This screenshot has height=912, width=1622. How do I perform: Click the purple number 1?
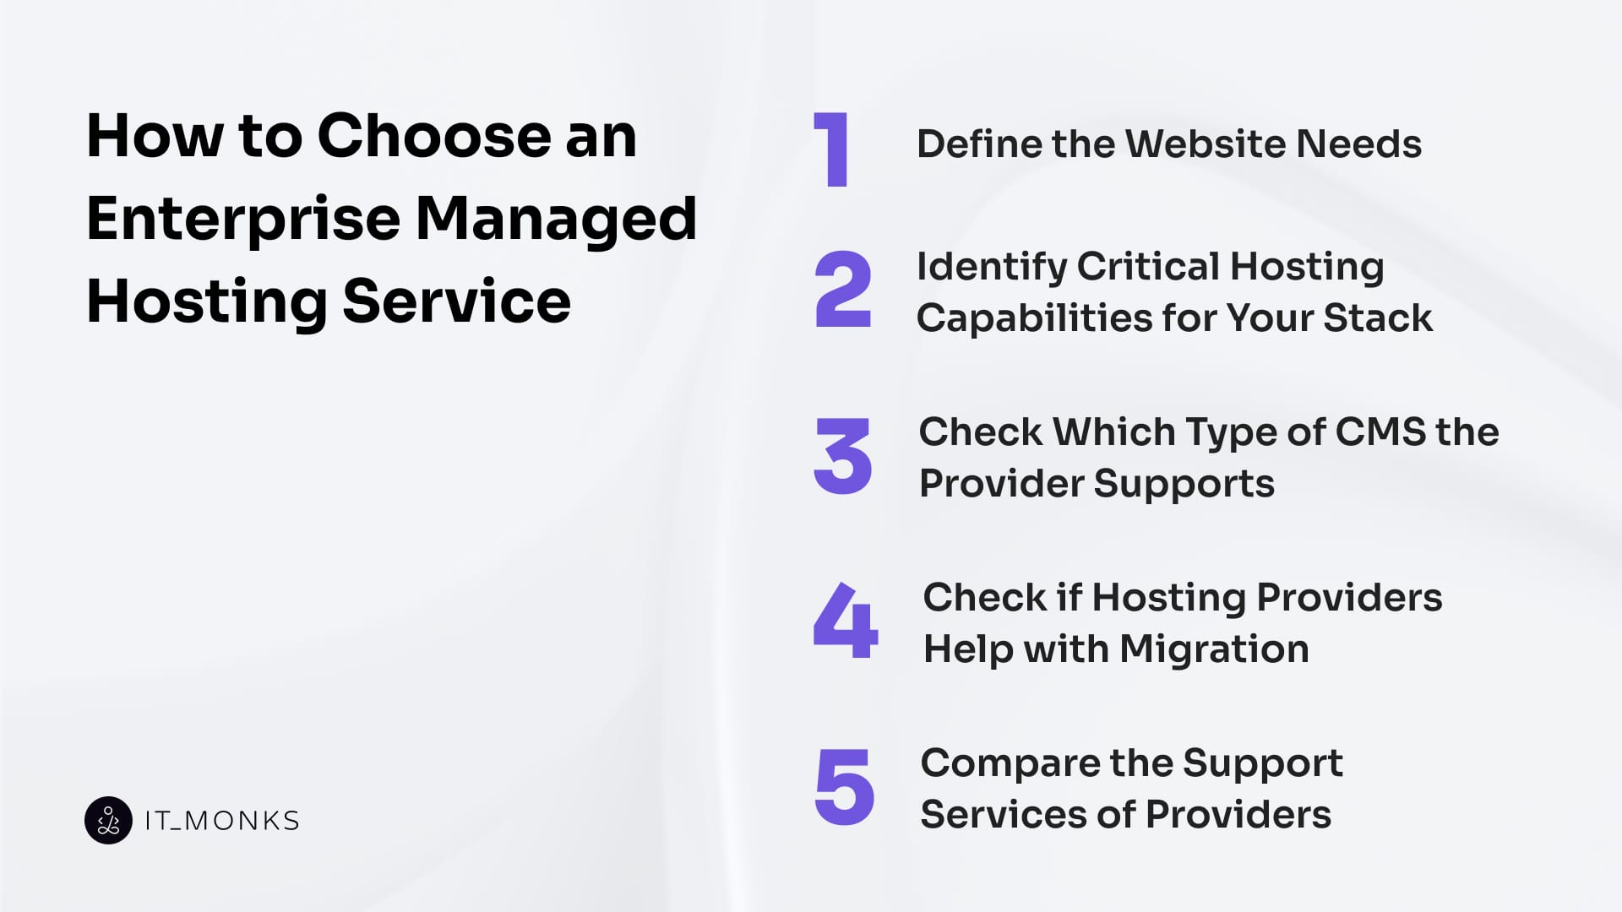[833, 149]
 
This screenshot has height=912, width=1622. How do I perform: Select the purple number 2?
[842, 290]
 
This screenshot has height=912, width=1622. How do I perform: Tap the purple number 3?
[842, 456]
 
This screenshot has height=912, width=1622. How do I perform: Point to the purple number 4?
[844, 620]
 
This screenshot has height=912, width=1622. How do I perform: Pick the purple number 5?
[844, 787]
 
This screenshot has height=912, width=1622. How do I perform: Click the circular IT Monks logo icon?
[108, 820]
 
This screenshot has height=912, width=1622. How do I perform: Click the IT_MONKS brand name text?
[222, 821]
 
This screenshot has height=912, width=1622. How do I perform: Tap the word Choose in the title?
[434, 136]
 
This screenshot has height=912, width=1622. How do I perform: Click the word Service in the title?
[456, 301]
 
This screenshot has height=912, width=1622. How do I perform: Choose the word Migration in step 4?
[1214, 649]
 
